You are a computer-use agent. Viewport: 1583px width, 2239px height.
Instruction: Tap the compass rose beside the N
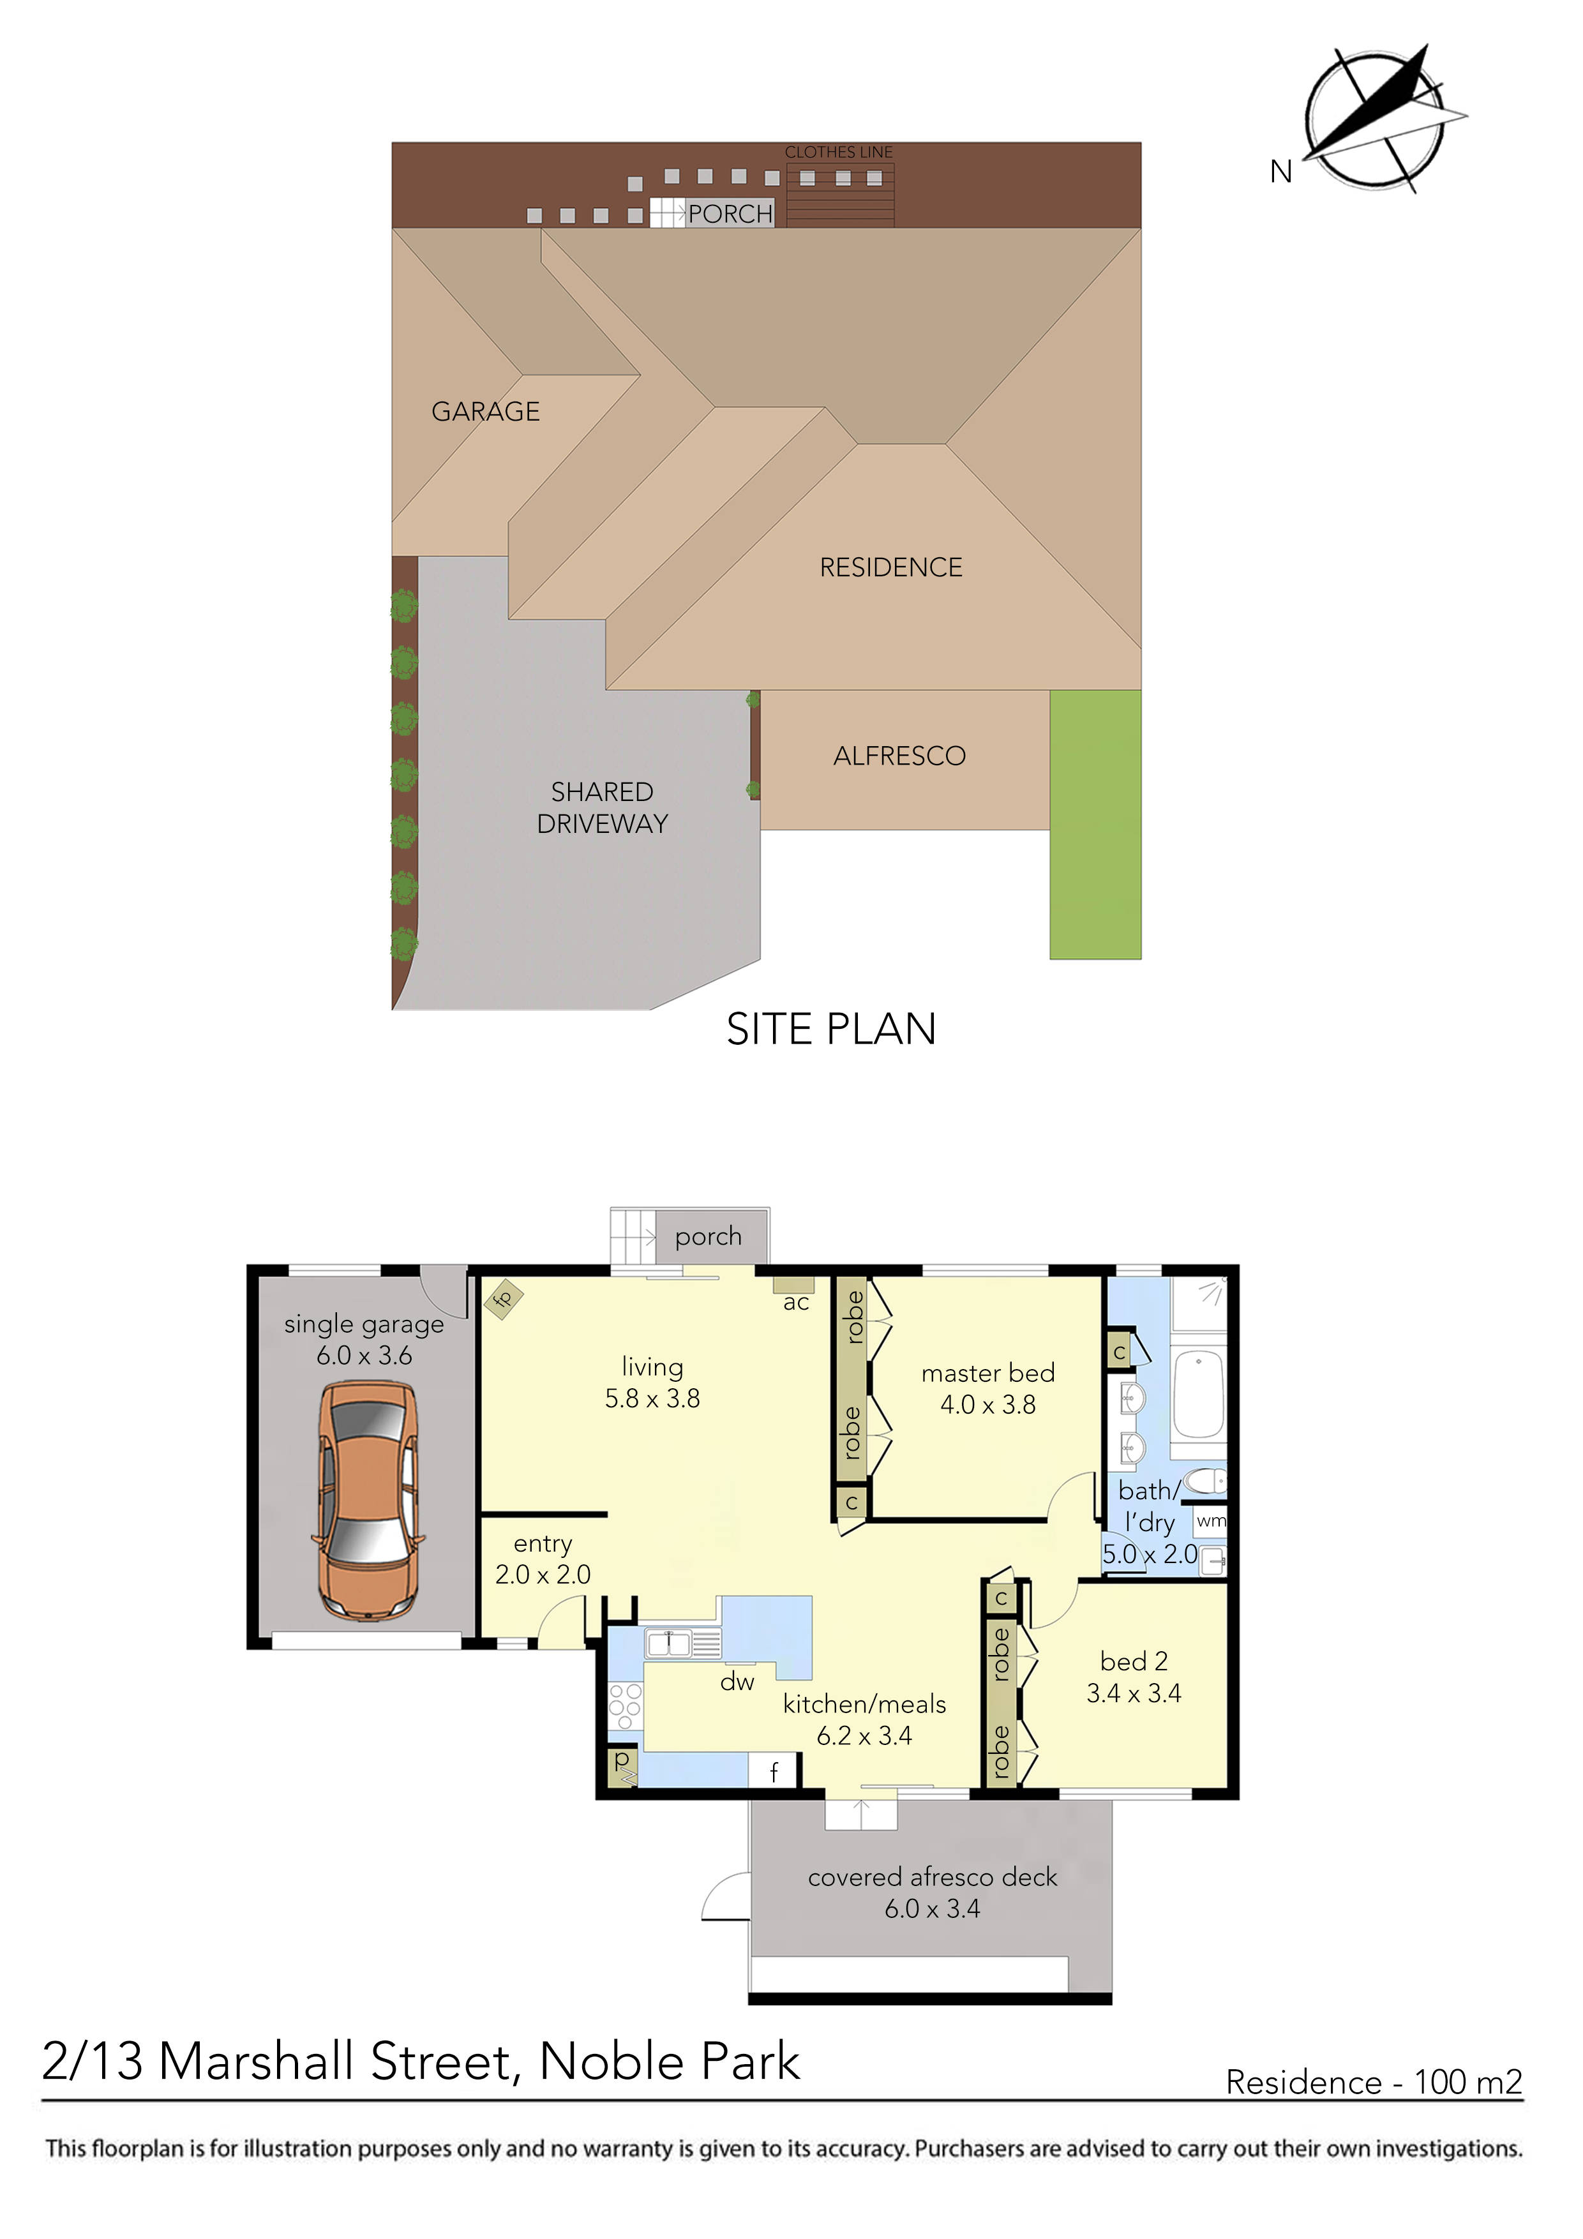point(1377,119)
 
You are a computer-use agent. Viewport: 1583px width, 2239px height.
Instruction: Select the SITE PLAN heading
point(831,1030)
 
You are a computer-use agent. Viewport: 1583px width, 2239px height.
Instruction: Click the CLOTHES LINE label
point(838,152)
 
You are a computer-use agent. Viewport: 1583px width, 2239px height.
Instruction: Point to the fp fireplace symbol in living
point(503,1299)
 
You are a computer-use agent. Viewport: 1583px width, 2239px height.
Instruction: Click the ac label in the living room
point(796,1303)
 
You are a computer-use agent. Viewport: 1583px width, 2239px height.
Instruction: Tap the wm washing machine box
point(1210,1521)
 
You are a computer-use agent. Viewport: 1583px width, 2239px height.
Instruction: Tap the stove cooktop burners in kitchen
point(624,1707)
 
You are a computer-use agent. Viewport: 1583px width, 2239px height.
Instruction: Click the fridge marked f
point(774,1771)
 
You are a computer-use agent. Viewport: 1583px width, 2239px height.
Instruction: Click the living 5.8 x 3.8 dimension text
point(652,1398)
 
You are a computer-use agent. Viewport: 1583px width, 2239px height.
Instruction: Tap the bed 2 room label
point(1134,1661)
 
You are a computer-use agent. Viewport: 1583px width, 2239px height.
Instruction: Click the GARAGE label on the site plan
point(486,412)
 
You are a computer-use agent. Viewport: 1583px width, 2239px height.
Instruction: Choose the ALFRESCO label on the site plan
point(899,756)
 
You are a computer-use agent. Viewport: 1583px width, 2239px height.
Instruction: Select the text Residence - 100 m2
point(1373,2083)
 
